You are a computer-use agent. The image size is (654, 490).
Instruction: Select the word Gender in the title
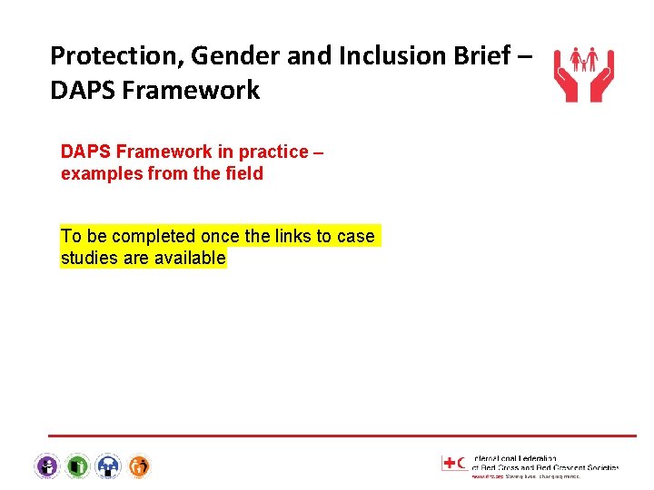point(215,56)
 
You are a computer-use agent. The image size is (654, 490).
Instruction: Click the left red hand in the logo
point(566,86)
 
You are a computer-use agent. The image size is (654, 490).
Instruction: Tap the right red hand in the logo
point(602,86)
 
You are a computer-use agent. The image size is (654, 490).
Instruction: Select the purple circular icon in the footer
point(46,466)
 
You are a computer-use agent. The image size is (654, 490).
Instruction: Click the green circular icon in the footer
point(77,466)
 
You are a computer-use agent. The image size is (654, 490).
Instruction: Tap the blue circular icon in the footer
point(108,466)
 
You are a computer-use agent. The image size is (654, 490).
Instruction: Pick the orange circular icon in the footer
point(139,466)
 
